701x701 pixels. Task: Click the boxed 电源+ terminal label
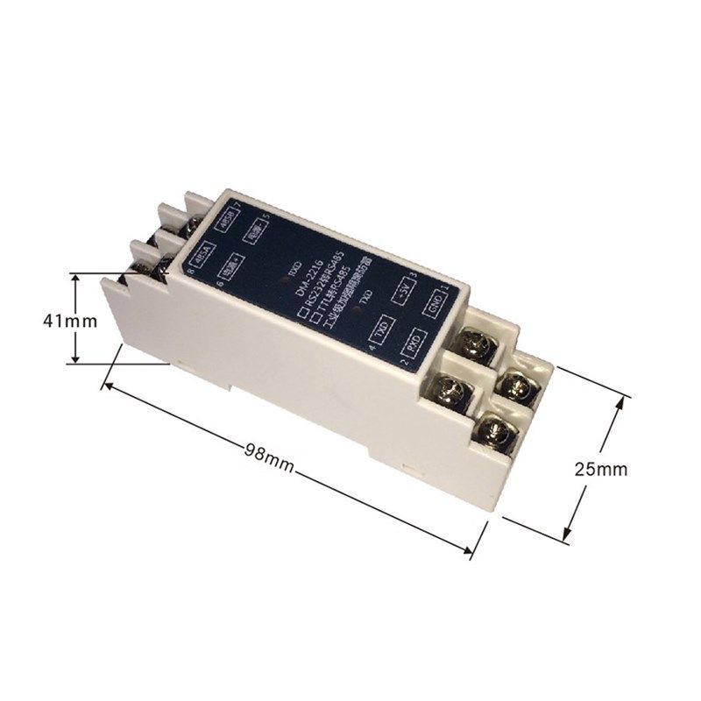coord(233,266)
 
